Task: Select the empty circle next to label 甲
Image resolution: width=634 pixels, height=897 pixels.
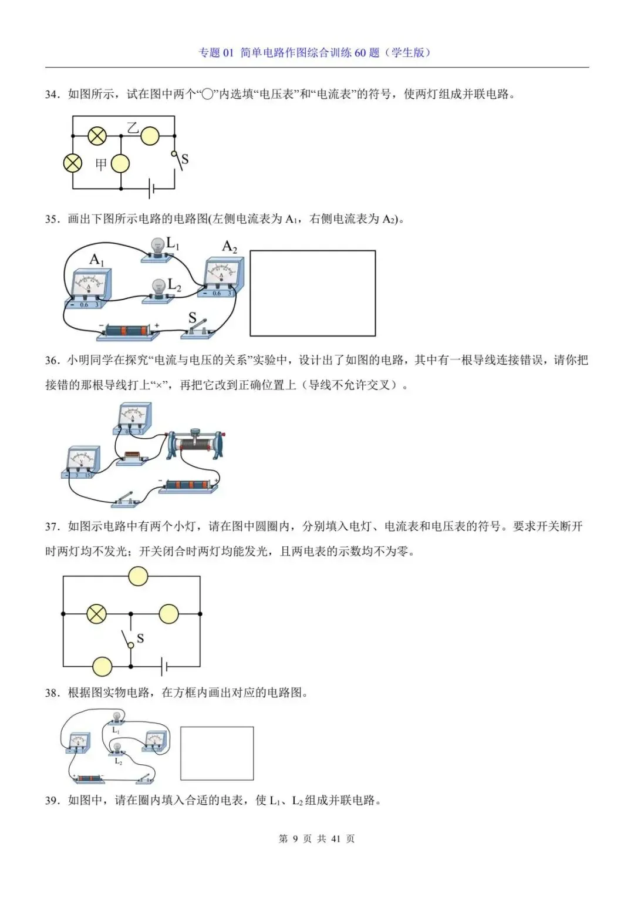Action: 120,164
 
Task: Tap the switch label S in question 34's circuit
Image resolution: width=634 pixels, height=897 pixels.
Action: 185,159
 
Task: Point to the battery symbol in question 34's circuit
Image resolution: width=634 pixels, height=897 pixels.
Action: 152,189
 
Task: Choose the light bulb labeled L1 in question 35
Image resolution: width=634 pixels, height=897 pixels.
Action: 157,248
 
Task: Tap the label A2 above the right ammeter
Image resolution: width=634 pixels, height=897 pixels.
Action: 230,247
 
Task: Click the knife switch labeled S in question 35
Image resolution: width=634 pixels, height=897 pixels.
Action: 198,329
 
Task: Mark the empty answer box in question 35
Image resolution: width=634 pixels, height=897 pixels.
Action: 312,293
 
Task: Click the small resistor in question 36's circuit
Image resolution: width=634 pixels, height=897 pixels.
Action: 131,456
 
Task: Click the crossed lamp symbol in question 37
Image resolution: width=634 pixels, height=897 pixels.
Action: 96,614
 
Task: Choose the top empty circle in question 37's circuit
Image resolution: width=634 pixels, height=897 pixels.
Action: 138,576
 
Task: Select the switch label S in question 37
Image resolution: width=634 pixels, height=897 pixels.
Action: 140,639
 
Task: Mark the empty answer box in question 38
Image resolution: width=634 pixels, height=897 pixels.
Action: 217,753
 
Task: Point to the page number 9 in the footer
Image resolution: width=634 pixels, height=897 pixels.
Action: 295,839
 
